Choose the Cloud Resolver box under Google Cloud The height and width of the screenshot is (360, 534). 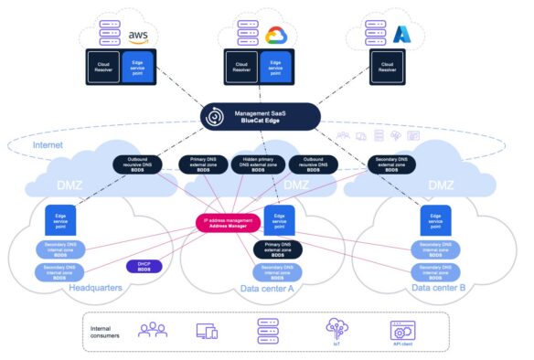(240, 65)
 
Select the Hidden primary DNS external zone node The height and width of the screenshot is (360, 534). (254, 164)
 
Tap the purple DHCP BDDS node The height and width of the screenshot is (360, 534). (143, 266)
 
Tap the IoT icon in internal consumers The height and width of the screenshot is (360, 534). (337, 331)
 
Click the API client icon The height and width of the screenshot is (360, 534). (402, 331)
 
